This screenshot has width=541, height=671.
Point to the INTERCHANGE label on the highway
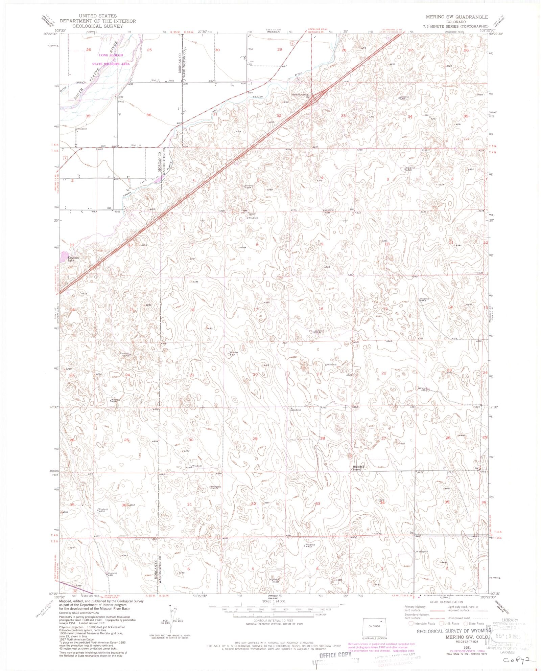(x=300, y=95)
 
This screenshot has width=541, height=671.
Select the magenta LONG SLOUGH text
(x=111, y=55)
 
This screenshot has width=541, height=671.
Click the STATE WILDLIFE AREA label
(x=111, y=64)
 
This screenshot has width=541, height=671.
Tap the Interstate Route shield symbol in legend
(x=411, y=623)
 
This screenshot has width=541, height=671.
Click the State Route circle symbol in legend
(x=466, y=623)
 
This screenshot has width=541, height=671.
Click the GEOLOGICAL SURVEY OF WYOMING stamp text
(x=454, y=631)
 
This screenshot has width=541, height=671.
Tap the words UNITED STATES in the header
(x=98, y=16)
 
